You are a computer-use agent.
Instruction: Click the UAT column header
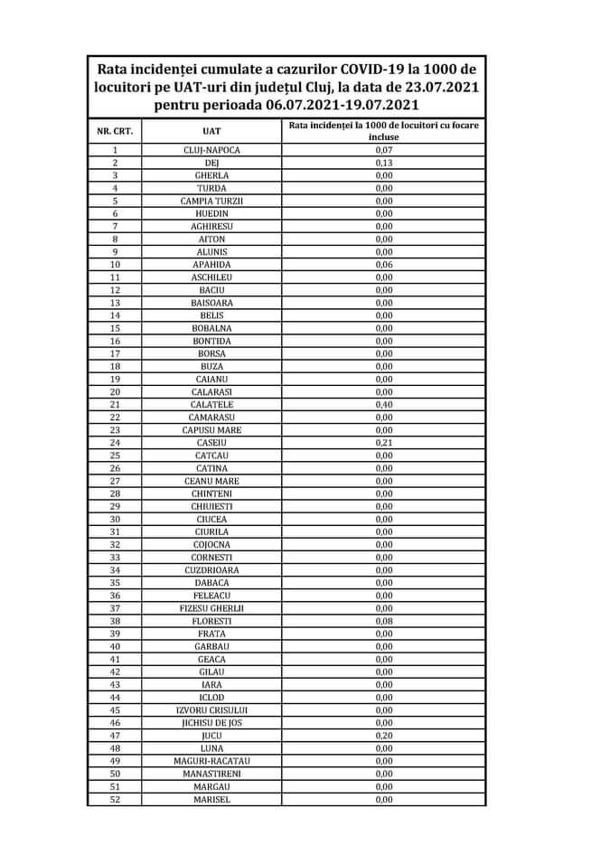point(211,131)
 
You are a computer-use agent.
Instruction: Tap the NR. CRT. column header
point(115,131)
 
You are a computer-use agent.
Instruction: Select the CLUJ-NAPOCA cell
point(211,150)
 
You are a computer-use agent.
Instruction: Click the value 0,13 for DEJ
point(383,163)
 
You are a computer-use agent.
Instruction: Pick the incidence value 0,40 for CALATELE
point(383,404)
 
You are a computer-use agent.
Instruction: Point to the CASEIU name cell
point(211,443)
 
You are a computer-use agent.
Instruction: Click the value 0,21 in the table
point(383,443)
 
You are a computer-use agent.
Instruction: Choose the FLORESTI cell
point(211,621)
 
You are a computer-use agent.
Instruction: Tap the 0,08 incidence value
point(383,621)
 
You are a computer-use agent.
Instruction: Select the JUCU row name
point(211,736)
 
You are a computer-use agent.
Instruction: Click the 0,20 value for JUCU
point(383,736)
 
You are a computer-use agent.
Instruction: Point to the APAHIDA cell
point(211,264)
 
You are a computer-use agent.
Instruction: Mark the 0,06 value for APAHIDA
point(383,264)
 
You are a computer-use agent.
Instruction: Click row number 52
point(115,799)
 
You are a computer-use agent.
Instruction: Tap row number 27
point(115,481)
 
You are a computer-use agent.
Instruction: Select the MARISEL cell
point(211,799)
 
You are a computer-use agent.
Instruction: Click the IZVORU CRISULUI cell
point(211,710)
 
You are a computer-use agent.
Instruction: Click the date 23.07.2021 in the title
point(432,87)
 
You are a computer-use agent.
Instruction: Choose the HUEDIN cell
point(211,213)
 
